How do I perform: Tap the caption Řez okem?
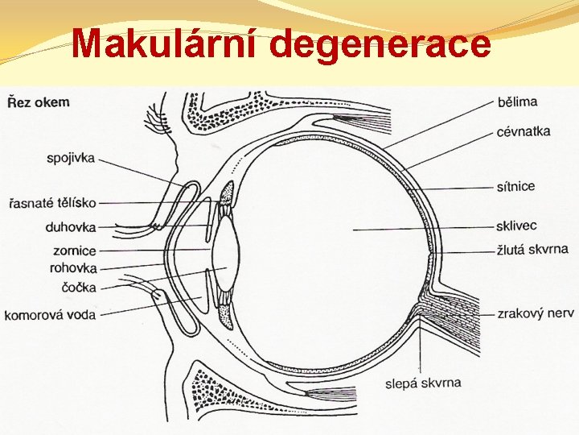click(38, 102)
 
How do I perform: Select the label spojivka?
click(71, 158)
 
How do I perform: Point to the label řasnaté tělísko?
click(52, 202)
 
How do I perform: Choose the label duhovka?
click(71, 227)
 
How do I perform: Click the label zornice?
click(74, 251)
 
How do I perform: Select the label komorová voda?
click(50, 313)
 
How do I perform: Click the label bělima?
click(517, 101)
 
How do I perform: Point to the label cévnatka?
click(524, 130)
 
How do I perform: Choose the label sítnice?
click(515, 186)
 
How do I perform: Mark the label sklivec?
click(516, 226)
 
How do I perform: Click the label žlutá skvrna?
click(532, 249)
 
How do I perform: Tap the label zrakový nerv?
click(536, 313)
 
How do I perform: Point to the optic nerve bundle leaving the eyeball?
click(454, 318)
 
